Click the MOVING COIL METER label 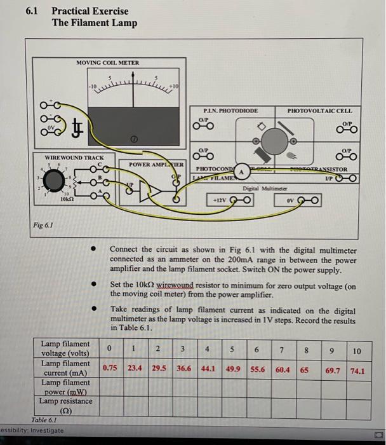click(x=107, y=62)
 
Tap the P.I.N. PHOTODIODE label click(x=230, y=111)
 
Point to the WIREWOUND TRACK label click(x=61, y=157)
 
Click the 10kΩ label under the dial click(x=66, y=199)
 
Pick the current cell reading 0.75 click(x=109, y=367)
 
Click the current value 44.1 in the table click(x=208, y=367)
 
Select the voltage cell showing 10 click(x=356, y=351)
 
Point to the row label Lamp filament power click(x=66, y=387)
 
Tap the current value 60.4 click(x=283, y=367)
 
